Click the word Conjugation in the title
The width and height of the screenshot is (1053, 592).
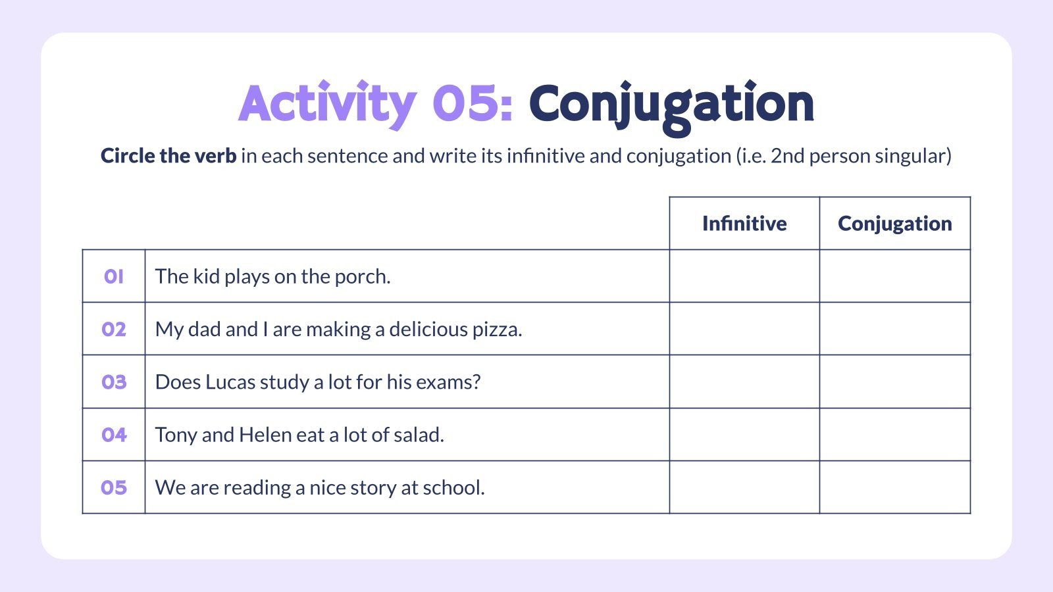pyautogui.click(x=671, y=104)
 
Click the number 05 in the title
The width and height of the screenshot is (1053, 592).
pyautogui.click(x=473, y=104)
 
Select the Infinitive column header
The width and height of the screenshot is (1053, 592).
pyautogui.click(x=744, y=224)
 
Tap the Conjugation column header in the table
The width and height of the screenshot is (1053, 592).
pyautogui.click(x=894, y=224)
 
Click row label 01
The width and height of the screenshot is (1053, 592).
pyautogui.click(x=113, y=276)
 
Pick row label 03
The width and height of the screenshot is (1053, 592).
pyautogui.click(x=113, y=382)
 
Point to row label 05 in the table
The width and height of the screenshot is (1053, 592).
pyautogui.click(x=113, y=487)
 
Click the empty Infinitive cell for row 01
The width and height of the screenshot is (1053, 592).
pyautogui.click(x=744, y=276)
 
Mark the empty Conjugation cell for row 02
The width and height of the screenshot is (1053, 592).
pyautogui.click(x=894, y=329)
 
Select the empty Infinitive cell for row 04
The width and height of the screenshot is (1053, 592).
pyautogui.click(x=744, y=435)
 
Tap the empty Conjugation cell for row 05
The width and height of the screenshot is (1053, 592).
pyautogui.click(x=894, y=487)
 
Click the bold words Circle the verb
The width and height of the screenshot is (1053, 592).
pyautogui.click(x=168, y=156)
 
